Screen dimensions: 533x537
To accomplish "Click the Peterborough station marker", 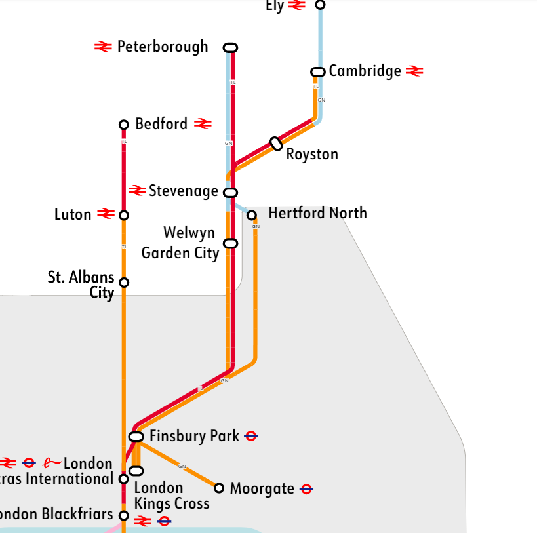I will click(x=230, y=47).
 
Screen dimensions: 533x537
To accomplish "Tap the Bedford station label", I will click(x=161, y=124).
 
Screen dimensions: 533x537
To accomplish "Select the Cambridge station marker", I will click(x=317, y=71).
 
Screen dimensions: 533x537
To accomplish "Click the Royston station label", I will click(x=312, y=155).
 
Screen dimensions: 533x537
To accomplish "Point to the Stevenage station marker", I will click(x=230, y=192).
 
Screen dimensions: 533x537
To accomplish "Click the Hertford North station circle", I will click(x=251, y=215).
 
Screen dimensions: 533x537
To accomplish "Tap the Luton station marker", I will click(x=123, y=215).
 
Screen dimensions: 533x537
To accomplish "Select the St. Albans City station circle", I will click(x=123, y=283).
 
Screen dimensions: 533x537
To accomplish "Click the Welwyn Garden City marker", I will click(x=230, y=243).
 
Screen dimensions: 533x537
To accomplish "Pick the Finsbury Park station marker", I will click(x=136, y=437).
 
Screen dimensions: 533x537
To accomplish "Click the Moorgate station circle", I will click(x=219, y=488).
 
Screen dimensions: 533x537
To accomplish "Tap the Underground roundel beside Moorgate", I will click(x=306, y=488).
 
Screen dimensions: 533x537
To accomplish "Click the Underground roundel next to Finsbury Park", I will click(x=250, y=436).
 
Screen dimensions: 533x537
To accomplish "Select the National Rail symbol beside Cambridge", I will click(x=414, y=71).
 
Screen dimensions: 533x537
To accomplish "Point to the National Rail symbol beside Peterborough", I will click(x=103, y=47).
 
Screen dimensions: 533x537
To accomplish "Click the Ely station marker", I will click(x=320, y=5).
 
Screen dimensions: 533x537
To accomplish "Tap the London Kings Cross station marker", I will click(x=136, y=471).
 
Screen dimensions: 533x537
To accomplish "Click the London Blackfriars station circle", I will click(x=123, y=515).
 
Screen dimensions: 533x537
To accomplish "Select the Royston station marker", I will click(x=276, y=144).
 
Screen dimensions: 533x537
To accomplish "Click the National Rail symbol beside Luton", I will click(x=106, y=214).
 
